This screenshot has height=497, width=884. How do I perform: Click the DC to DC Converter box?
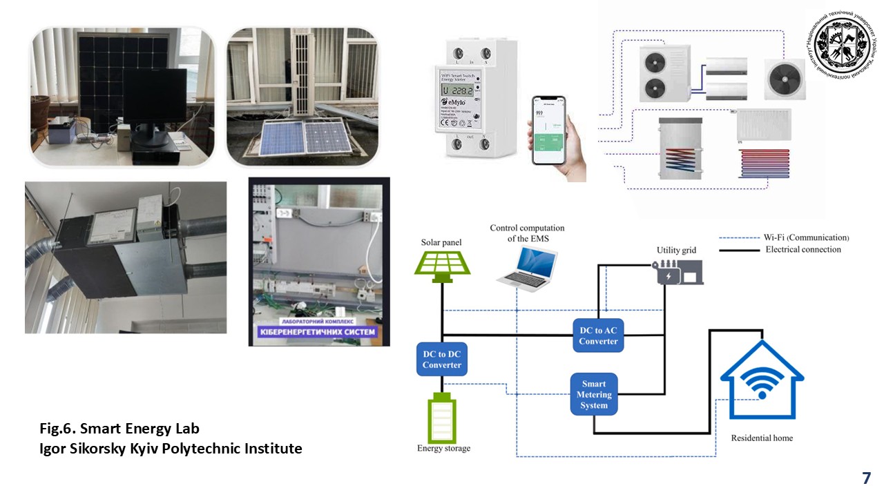pos(441,360)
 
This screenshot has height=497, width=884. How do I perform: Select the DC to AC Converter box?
pos(598,335)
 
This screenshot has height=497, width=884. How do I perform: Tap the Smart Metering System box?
pos(594,394)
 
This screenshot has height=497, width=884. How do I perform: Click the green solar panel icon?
pos(442,264)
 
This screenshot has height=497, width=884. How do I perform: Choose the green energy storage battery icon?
pos(443,418)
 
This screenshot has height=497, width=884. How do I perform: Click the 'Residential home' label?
pos(762,438)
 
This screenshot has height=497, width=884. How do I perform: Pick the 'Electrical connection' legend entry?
pos(803,249)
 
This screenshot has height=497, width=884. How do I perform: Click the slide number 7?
pos(866,478)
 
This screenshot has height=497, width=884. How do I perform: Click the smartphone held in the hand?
pos(548,130)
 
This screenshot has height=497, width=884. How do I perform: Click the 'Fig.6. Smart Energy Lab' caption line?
pos(119,429)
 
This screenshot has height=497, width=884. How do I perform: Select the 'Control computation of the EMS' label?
pos(527,233)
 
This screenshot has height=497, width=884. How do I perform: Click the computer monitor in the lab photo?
pos(154,100)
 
